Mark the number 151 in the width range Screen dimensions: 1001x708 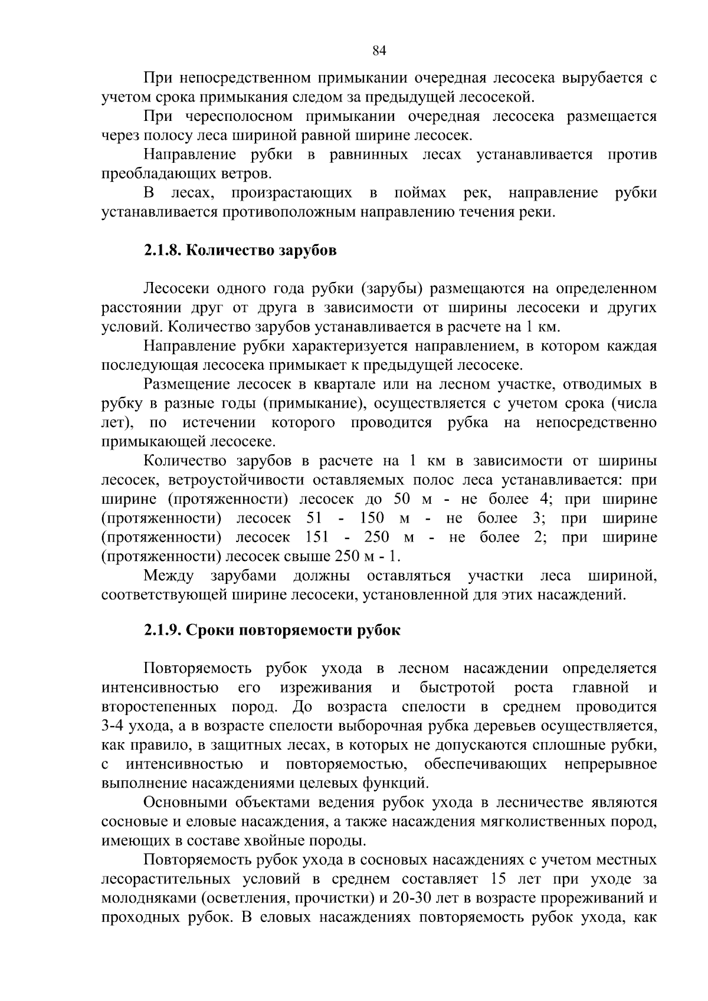319,537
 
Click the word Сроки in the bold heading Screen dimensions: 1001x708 208,630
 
